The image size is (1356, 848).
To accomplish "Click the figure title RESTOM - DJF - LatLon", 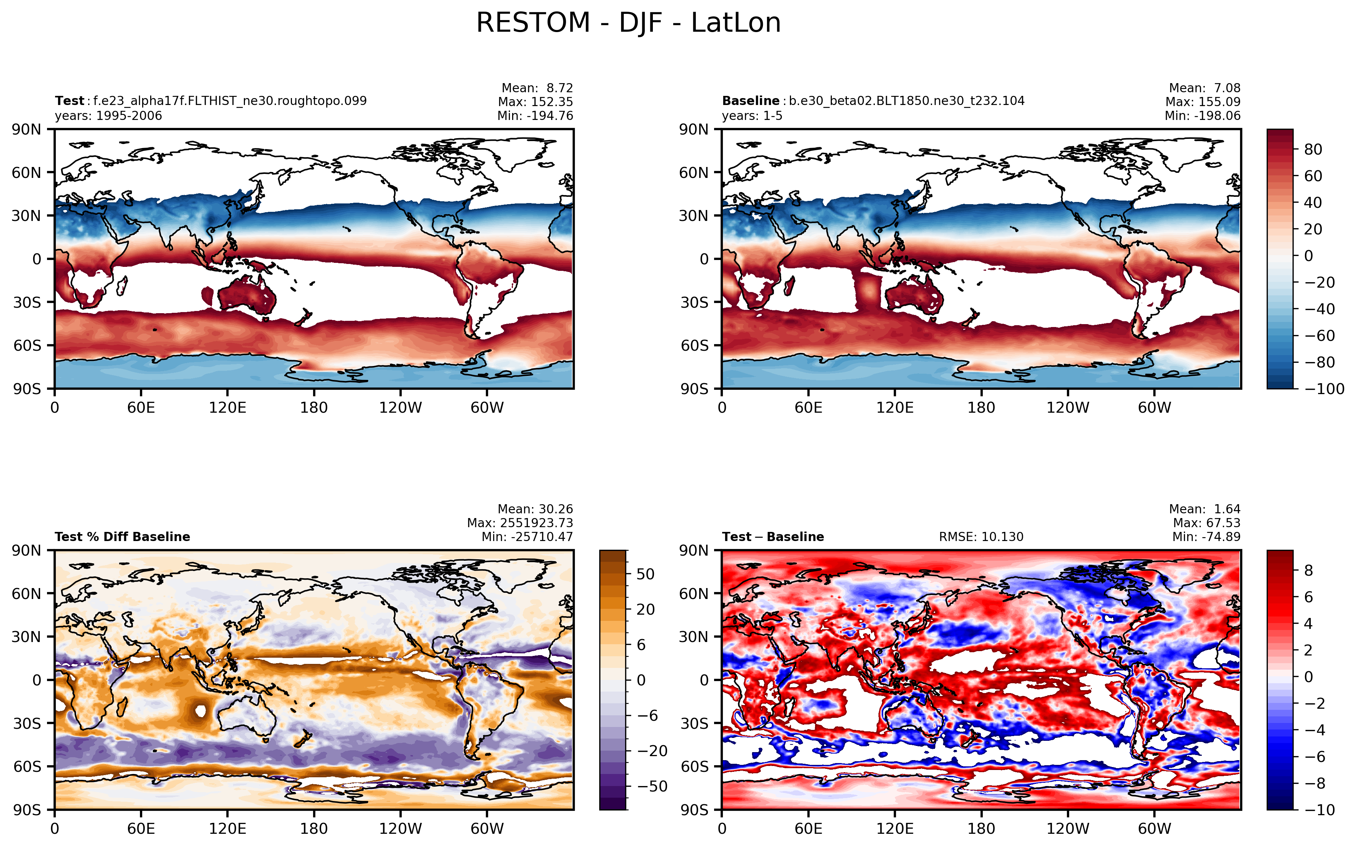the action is coord(628,23).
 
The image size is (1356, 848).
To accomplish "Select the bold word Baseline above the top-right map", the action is coord(750,101).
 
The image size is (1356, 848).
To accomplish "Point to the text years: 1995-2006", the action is coord(108,116).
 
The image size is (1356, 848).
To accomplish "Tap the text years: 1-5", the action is coord(752,116).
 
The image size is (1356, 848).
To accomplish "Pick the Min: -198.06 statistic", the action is coord(1202,116).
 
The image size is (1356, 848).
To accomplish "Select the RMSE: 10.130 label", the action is coord(981,537).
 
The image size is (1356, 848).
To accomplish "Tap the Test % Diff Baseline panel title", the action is coord(122,537).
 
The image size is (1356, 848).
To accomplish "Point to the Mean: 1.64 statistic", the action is coord(1205,509).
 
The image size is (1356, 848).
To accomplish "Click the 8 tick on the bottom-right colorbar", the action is coord(1308,571).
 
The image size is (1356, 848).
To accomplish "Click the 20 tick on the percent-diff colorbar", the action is coord(646,609).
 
